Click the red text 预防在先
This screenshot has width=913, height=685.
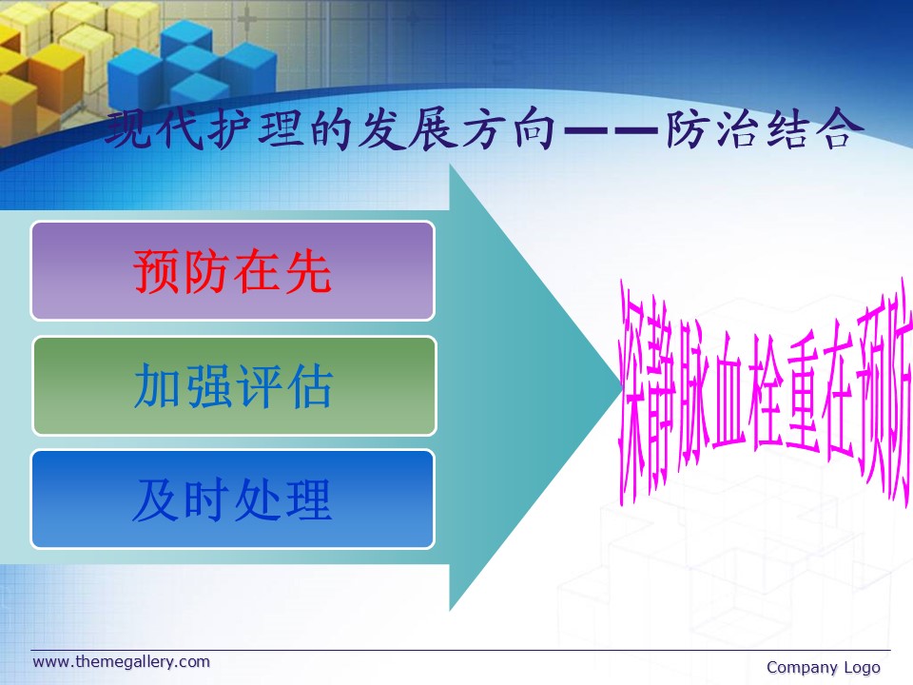232,271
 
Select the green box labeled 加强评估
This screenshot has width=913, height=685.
234,385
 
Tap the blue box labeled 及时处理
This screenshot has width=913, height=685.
233,499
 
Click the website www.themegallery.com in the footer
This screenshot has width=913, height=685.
121,662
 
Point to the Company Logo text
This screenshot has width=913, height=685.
824,668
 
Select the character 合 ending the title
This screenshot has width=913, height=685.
839,127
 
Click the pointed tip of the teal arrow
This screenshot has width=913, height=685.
623,387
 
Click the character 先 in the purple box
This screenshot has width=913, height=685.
308,271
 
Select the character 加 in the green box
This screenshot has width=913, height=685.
157,385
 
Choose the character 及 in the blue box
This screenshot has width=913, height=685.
156,499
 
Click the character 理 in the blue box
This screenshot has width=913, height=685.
308,499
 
